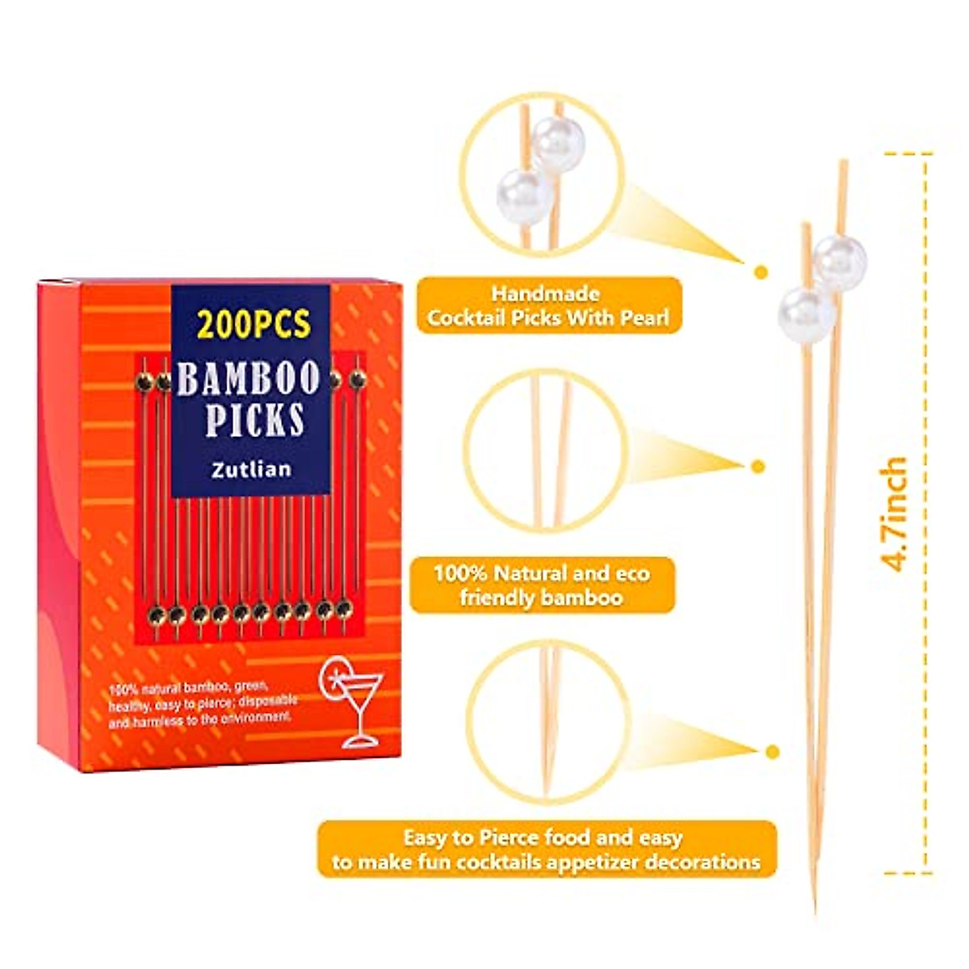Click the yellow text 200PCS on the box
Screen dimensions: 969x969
tap(253, 325)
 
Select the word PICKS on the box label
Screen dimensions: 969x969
tap(254, 420)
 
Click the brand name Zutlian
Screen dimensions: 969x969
tap(251, 468)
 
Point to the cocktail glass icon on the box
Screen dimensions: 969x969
tap(353, 699)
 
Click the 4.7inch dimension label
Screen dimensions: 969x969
tap(896, 514)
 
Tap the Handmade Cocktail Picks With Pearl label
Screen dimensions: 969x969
tap(548, 305)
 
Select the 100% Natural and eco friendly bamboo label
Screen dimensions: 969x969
tap(542, 585)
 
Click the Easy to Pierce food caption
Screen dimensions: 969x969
tap(546, 849)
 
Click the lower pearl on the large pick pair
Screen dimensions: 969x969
tap(807, 314)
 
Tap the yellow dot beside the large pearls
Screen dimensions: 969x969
tap(760, 272)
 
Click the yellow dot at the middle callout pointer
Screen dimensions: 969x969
tap(757, 466)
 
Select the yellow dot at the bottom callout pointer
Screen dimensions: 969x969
tap(773, 753)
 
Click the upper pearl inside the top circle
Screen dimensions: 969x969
tap(557, 145)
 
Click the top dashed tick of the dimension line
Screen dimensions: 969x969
tap(908, 153)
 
